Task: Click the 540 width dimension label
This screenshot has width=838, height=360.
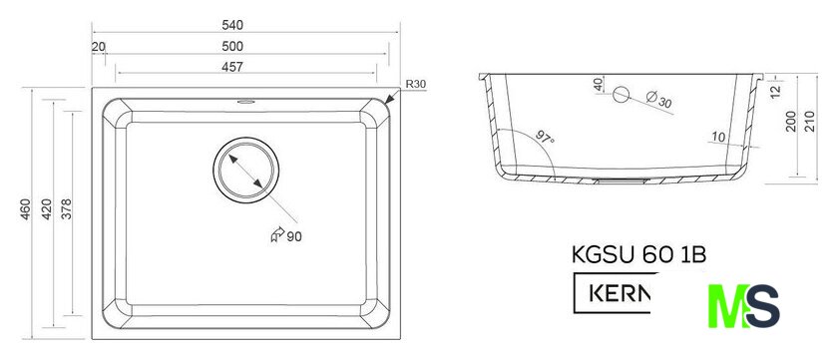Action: point(231,25)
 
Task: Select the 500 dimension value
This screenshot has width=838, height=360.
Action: point(231,47)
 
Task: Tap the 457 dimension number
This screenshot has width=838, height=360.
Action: point(231,67)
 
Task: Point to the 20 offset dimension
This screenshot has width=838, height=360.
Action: point(99,47)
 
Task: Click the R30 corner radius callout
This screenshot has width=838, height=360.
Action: point(415,84)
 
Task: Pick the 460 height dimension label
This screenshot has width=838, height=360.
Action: point(26,209)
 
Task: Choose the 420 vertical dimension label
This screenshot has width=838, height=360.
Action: point(47,209)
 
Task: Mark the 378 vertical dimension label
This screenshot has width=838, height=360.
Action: point(66,209)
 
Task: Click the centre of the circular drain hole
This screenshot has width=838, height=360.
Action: point(245,170)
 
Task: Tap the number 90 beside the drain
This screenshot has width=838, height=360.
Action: point(294,236)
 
